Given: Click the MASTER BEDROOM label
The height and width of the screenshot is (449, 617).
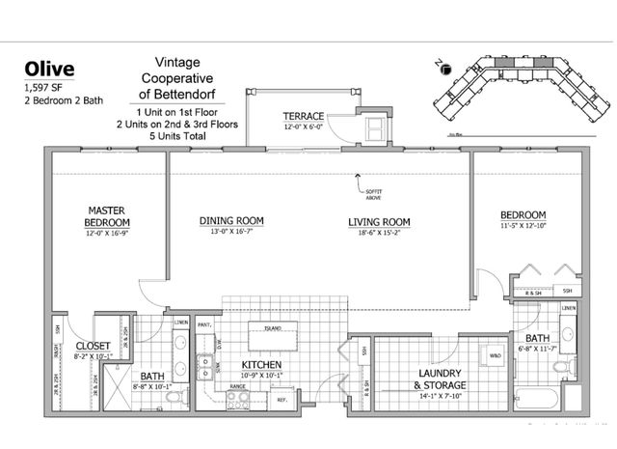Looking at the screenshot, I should point(108,215).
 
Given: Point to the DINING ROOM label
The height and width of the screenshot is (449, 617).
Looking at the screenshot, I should point(231,221).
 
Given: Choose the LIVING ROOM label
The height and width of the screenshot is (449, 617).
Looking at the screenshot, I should point(379,222).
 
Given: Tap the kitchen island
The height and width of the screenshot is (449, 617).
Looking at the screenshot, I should point(273,337).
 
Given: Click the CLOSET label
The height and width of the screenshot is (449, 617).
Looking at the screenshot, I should point(93,345).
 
